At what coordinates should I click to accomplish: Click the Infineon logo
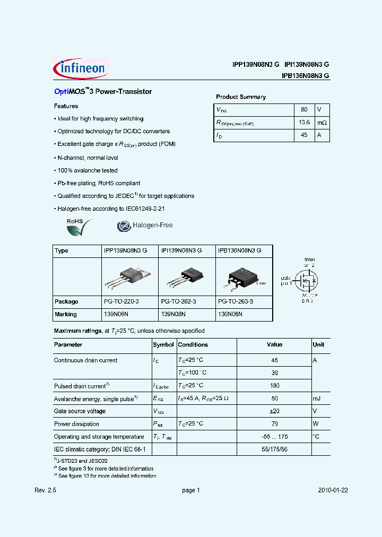[x=81, y=69]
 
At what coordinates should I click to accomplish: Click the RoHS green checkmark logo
[x=79, y=227]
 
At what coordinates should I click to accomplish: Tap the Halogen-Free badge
[x=145, y=226]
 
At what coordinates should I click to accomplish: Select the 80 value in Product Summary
[x=304, y=109]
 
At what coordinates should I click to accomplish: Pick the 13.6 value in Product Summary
[x=304, y=123]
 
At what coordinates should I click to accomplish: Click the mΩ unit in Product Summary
[x=322, y=123]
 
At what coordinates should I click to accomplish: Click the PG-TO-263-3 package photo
[x=242, y=277]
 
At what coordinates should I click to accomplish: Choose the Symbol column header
[x=163, y=344]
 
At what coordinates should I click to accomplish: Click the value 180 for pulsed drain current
[x=274, y=386]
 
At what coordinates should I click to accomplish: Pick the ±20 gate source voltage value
[x=274, y=411]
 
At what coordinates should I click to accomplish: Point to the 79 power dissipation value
[x=274, y=424]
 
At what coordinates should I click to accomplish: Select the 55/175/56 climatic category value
[x=274, y=449]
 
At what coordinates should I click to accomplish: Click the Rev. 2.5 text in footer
[x=45, y=491]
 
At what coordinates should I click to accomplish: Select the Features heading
[x=66, y=106]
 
